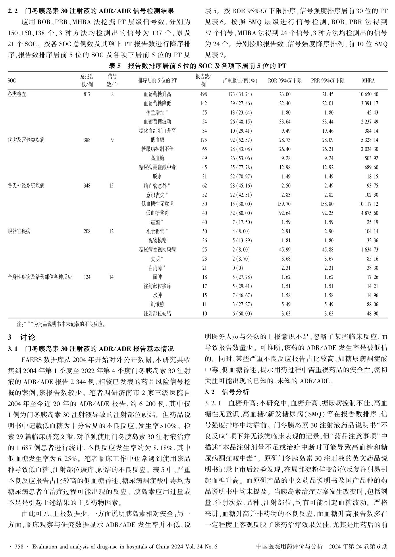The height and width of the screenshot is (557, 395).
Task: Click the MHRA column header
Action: (x=368, y=81)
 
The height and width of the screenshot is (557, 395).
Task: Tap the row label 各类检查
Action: (x=17, y=94)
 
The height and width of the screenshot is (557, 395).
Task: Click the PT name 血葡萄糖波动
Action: (x=157, y=122)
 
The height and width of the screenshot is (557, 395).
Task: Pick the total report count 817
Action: (x=87, y=94)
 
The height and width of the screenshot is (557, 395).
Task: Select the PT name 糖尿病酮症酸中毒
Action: (x=157, y=167)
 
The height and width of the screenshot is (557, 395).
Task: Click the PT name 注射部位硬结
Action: (x=157, y=314)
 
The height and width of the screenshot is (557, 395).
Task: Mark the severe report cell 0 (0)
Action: (x=238, y=268)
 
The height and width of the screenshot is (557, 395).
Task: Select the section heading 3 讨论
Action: (x=22, y=337)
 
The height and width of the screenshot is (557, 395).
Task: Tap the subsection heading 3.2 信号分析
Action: (x=227, y=392)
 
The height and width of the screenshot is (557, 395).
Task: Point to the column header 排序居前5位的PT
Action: (x=157, y=81)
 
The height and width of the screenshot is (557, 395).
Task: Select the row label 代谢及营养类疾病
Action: (x=26, y=140)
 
